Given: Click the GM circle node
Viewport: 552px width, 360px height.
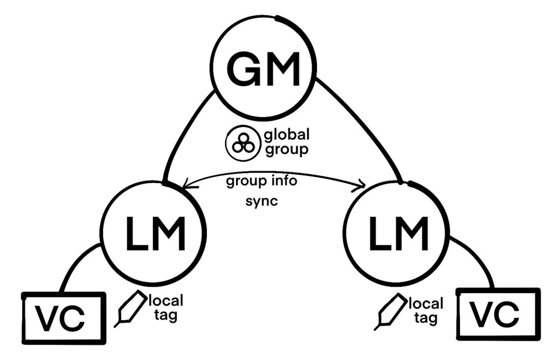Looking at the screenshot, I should point(263,68).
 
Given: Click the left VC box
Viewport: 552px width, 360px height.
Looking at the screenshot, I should point(64,318).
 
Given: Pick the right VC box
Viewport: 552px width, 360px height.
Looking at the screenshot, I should point(498,314).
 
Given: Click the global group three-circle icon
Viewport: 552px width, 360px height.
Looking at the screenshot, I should point(240,144).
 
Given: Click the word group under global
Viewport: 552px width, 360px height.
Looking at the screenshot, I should point(287,149).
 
